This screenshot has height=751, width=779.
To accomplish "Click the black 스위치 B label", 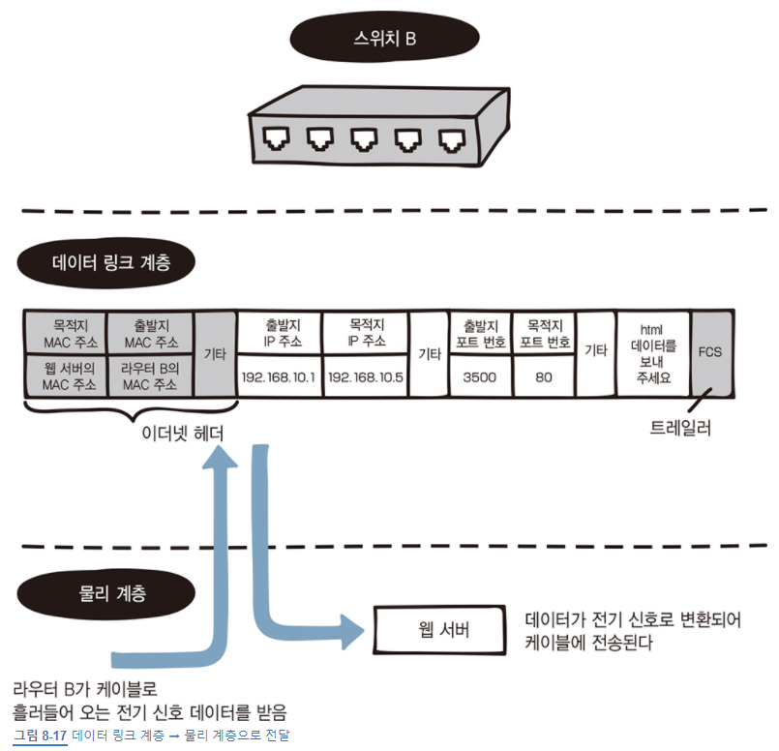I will coord(386,41).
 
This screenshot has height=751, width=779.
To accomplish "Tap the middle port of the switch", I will coord(365,142).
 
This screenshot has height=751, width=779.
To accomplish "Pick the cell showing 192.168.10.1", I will coord(280,377).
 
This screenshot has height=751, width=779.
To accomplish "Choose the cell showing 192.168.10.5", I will coord(366,377).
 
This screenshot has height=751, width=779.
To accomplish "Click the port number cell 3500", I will coord(480,377).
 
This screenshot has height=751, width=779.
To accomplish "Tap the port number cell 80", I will coord(544,377).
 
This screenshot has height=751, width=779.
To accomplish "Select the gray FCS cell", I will coord(710,353).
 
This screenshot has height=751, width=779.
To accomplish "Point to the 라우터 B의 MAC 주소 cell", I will coord(150,377).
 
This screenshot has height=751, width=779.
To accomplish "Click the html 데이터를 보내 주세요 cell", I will coord(653,353).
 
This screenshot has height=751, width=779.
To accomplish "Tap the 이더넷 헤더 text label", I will coord(182,434).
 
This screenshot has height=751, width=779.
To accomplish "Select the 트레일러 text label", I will coord(680,428).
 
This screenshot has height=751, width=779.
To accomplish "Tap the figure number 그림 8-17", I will coord(40,736).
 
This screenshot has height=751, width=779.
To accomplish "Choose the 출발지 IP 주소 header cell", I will coord(280,334).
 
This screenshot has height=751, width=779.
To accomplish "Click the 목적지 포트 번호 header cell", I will coord(544,334).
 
